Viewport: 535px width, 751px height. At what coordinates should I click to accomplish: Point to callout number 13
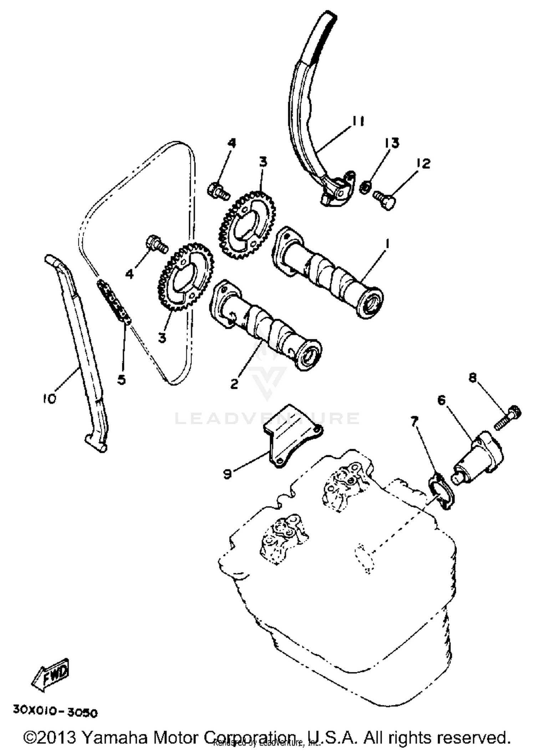click(392, 143)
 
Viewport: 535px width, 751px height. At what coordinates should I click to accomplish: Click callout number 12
click(423, 164)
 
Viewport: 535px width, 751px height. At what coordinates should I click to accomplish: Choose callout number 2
click(234, 384)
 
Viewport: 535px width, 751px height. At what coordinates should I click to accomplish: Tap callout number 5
click(122, 380)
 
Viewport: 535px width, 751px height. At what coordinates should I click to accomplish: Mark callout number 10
click(50, 398)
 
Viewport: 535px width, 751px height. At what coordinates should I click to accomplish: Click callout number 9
click(227, 474)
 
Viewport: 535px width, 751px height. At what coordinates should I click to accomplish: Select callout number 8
click(473, 377)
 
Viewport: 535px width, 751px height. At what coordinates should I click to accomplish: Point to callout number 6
click(442, 400)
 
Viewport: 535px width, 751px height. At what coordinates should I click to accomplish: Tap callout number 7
click(414, 422)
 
